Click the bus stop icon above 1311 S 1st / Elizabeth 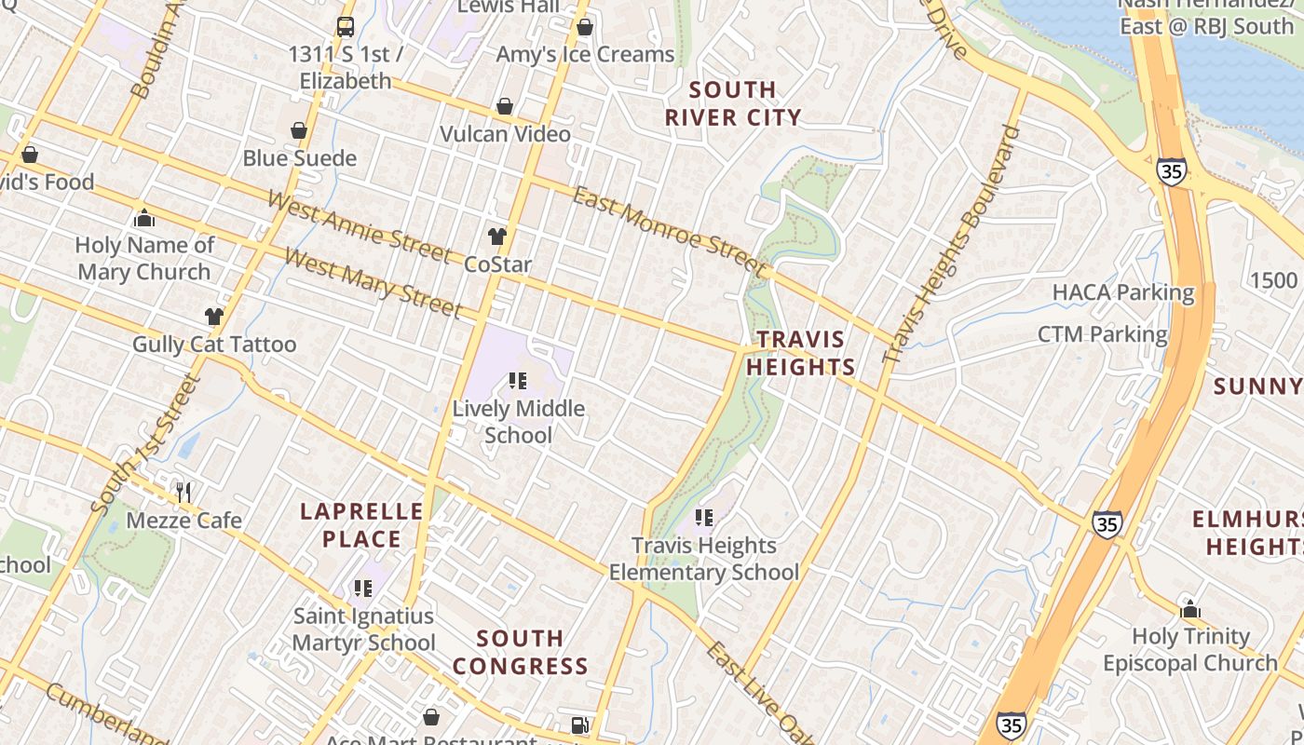click(346, 27)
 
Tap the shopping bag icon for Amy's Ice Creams click(585, 28)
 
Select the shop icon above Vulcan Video click(505, 107)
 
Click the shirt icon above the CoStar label click(497, 237)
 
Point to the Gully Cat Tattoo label click(214, 345)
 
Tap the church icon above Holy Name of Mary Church click(144, 219)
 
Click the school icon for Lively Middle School click(518, 381)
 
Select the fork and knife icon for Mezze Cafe click(183, 492)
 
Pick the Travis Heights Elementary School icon click(704, 517)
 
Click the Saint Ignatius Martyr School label click(363, 630)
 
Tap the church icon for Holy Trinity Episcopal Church click(1190, 610)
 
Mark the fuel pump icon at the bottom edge click(579, 725)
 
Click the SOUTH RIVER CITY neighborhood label click(733, 103)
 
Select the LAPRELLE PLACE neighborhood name click(361, 525)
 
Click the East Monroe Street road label click(669, 231)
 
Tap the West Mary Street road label click(373, 282)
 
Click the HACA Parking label click(1122, 292)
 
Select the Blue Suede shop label click(299, 158)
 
